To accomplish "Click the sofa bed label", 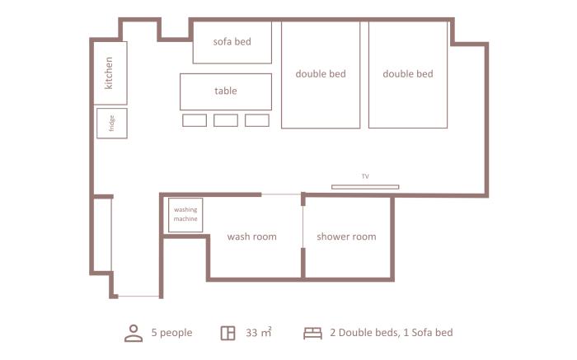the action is (232, 41).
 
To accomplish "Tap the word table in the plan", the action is (226, 91).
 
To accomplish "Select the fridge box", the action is (112, 124).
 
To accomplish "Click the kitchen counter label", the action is (109, 72).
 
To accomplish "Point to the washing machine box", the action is (185, 215).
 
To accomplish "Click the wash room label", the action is (251, 236).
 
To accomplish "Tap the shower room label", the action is (346, 236).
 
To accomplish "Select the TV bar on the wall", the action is (365, 187).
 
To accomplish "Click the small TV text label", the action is (365, 176).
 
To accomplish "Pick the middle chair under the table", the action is (226, 120).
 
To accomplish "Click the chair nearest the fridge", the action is (195, 120).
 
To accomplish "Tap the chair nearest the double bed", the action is (257, 120).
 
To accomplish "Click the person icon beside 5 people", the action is (134, 333).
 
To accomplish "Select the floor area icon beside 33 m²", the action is (228, 333).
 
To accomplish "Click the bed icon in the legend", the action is (312, 333).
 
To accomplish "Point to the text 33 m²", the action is (259, 332).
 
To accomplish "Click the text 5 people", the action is (171, 333).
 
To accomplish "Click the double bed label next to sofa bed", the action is (321, 74).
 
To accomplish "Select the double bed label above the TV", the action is (408, 74).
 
